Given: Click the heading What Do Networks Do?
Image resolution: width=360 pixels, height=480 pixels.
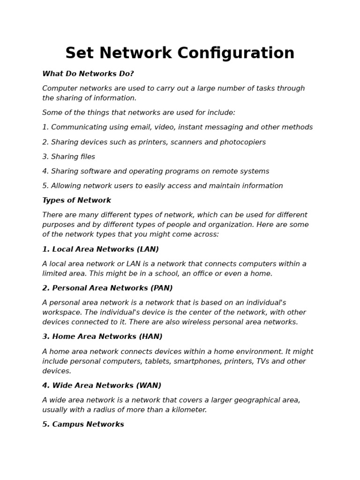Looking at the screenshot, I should point(88,74).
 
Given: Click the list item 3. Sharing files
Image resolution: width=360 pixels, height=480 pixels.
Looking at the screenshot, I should point(68,157).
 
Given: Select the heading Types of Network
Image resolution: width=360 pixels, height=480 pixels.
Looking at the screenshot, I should point(76,201).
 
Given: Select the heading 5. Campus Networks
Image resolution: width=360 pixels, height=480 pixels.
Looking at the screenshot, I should point(83,425).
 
